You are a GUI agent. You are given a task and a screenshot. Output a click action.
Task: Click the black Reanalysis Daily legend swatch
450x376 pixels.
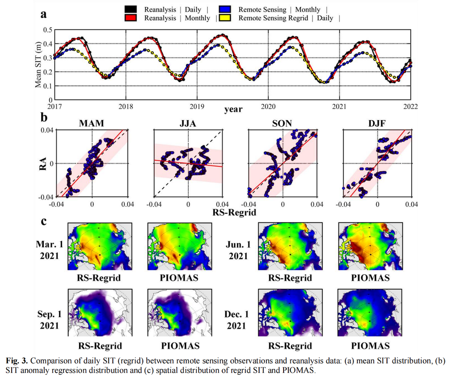[x=130, y=9]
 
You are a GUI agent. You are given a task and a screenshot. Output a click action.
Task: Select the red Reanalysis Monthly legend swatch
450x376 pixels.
[x=130, y=18]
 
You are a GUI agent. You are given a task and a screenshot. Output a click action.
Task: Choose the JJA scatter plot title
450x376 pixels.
[x=187, y=124]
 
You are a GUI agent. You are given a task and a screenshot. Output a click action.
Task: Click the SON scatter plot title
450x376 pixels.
[x=283, y=124]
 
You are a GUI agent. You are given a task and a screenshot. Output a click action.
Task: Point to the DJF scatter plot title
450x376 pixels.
[x=378, y=124]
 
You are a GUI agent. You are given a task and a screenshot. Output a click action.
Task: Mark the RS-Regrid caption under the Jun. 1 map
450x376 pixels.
[x=290, y=278]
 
